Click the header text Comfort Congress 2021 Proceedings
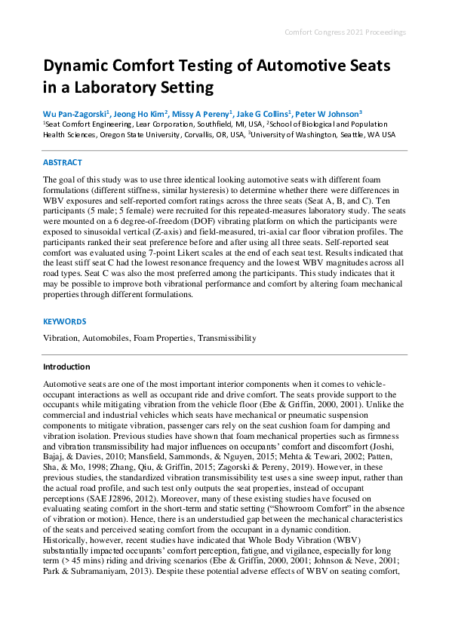(345, 32)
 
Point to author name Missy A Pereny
(205, 113)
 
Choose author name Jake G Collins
(266, 113)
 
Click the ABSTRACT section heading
(63, 162)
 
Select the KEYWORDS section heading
(64, 321)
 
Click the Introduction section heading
(66, 367)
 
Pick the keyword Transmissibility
(227, 339)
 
